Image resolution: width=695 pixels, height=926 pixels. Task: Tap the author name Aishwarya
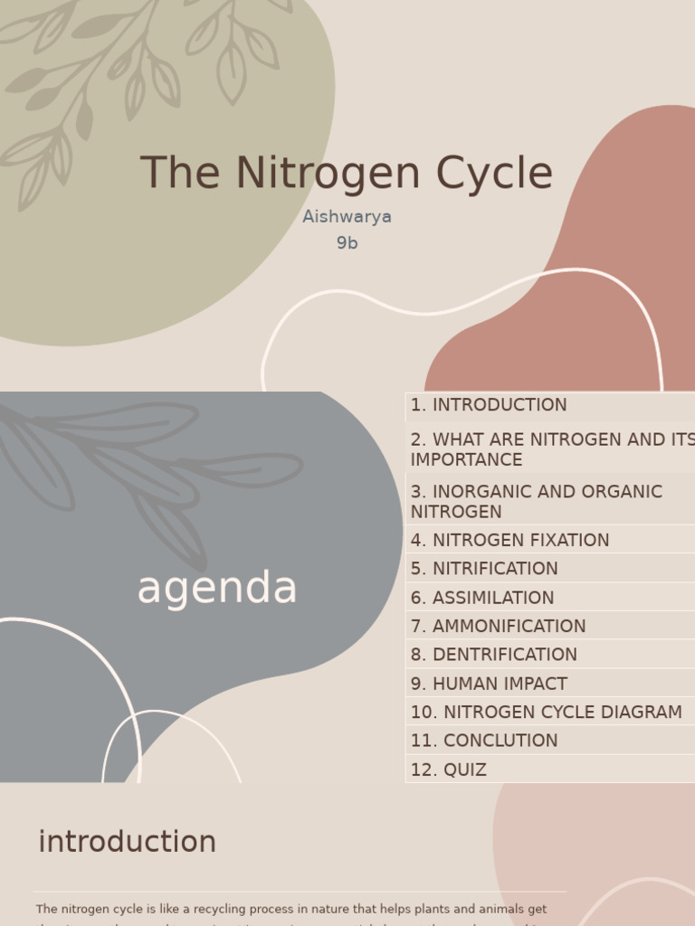(347, 217)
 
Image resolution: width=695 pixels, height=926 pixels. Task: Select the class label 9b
(347, 243)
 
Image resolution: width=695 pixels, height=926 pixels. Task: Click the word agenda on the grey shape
(217, 589)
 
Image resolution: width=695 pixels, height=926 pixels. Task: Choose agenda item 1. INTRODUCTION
(489, 405)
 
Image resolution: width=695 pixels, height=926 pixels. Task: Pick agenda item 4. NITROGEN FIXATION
(509, 541)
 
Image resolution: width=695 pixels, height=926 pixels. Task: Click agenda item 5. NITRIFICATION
(484, 569)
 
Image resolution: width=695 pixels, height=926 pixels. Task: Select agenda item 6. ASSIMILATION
(482, 598)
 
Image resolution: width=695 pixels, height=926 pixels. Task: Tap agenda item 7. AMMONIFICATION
(498, 626)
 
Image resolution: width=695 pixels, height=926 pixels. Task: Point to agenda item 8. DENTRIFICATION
(493, 655)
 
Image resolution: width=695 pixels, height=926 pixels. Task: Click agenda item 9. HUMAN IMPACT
(489, 684)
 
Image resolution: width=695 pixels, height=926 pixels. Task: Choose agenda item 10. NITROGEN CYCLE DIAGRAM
(546, 713)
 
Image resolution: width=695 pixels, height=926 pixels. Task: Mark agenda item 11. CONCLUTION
(484, 741)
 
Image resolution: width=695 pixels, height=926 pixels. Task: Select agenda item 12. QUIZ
(449, 770)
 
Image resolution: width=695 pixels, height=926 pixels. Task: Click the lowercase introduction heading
(128, 842)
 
